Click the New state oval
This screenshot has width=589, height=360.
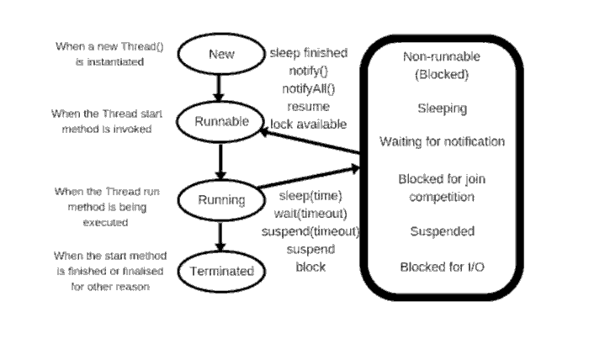tap(221, 54)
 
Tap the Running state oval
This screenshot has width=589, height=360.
tap(221, 200)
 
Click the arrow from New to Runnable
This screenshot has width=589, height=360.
tap(220, 86)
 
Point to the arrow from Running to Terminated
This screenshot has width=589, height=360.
tap(220, 236)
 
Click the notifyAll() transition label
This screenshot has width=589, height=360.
tap(307, 88)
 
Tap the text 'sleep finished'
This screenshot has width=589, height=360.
tap(308, 53)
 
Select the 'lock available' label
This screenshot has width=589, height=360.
tap(308, 124)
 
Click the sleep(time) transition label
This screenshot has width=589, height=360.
tap(310, 196)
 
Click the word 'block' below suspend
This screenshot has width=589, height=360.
tap(310, 267)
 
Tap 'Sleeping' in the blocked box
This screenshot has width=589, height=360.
tap(442, 109)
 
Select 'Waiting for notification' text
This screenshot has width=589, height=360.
tap(442, 141)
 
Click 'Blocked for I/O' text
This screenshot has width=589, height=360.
tap(442, 267)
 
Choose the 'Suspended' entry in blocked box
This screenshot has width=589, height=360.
tap(442, 230)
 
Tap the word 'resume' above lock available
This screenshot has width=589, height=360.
tap(308, 107)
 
